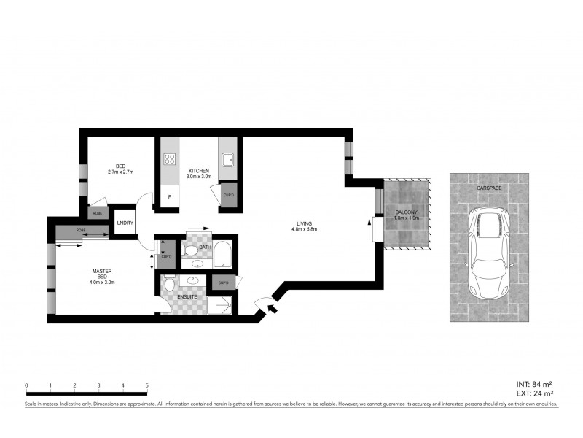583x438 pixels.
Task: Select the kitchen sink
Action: (x=227, y=158)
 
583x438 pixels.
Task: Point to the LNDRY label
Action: (x=125, y=223)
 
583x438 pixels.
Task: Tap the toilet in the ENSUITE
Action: (x=169, y=283)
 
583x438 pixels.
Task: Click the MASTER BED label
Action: (x=101, y=274)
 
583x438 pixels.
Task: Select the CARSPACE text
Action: (x=488, y=188)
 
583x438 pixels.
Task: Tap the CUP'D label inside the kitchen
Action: (x=228, y=196)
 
